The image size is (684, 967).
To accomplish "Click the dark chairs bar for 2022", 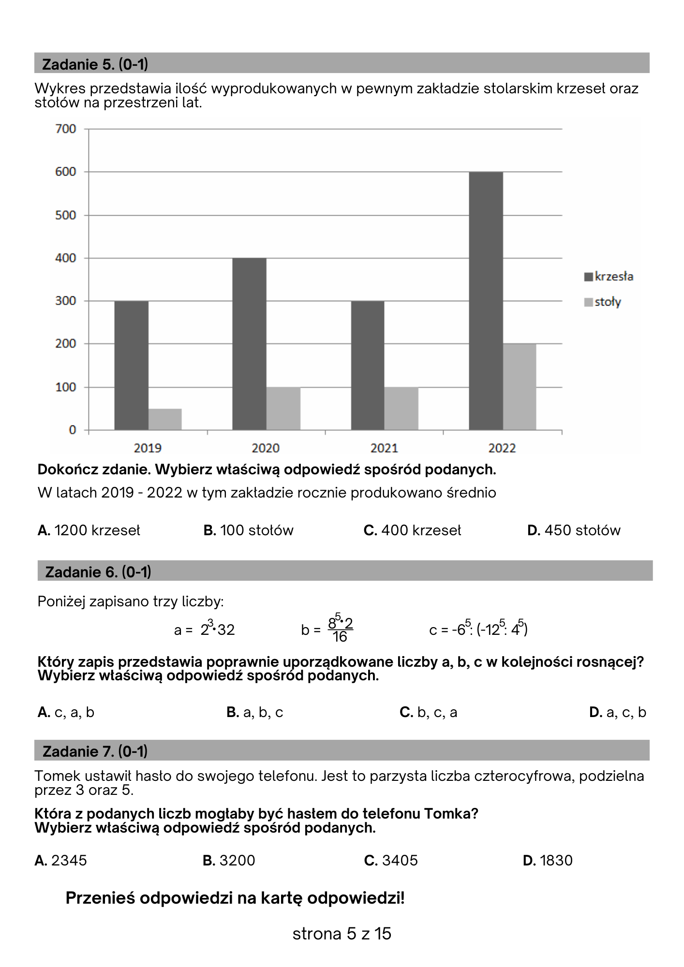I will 486,301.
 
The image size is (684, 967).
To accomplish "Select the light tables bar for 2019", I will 165,419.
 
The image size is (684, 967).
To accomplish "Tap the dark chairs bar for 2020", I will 249,344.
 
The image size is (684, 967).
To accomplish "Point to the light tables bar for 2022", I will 520,387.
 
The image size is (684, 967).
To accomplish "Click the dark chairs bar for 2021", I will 368,365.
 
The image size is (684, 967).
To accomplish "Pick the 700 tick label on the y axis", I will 66,129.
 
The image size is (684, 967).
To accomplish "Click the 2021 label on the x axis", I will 384,448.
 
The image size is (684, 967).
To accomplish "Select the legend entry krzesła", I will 609,277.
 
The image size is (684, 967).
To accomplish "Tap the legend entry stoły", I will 603,302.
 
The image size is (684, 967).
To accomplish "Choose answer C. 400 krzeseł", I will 412,530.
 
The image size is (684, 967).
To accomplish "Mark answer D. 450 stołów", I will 574,530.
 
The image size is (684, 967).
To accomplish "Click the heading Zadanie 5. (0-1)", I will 95,64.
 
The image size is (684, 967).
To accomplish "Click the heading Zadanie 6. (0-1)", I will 98,572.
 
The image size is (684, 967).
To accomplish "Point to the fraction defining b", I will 340,630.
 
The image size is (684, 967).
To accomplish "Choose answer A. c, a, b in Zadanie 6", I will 66,712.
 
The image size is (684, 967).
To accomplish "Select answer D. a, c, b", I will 618,712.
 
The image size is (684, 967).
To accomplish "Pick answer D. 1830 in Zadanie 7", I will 548,860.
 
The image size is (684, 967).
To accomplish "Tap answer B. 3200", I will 229,860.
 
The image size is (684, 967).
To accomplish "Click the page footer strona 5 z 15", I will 342,934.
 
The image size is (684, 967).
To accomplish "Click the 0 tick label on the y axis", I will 73,430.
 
